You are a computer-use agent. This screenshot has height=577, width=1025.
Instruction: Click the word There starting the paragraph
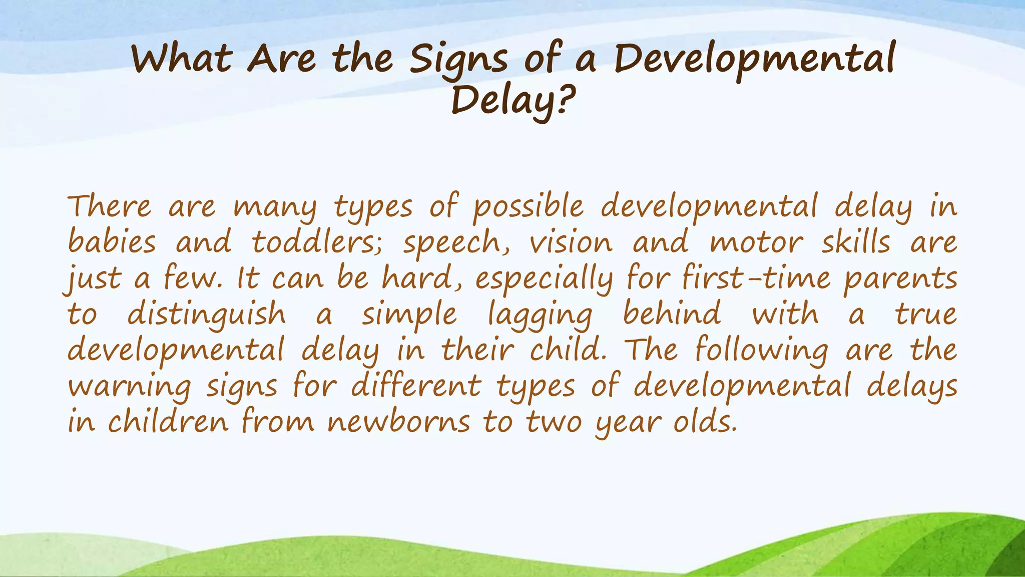tap(109, 206)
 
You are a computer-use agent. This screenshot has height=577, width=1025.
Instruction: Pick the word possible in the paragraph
tap(529, 207)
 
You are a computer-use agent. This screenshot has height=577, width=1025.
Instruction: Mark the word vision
tap(571, 242)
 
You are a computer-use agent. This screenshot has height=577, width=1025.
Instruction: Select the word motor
tap(756, 242)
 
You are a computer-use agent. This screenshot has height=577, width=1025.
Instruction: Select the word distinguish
tap(206, 315)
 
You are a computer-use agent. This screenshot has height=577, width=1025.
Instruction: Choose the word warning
tap(130, 387)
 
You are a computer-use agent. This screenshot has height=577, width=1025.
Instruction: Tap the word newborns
tap(399, 422)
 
